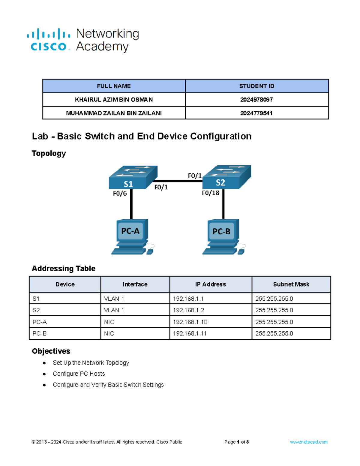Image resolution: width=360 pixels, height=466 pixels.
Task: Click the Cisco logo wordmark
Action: pos(49,47)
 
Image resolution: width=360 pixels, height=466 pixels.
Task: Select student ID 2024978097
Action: pos(256,100)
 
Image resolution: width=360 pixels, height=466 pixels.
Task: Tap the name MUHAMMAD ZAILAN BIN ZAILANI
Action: pos(114,113)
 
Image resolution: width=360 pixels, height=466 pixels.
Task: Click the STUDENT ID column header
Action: pos(256,86)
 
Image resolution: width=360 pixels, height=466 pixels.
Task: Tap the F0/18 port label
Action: pos(210,193)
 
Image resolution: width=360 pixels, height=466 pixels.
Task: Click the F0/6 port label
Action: pos(120,194)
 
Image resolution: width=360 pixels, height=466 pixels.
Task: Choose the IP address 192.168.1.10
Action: pos(190,322)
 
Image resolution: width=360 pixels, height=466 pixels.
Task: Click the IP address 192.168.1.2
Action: pos(188,310)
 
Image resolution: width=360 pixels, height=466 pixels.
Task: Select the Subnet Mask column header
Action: pos(291,284)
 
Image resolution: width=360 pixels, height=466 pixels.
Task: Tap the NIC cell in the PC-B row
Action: pos(109,333)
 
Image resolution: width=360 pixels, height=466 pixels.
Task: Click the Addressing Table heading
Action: pos(64,268)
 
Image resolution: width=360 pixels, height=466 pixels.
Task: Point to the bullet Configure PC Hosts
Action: pos(79,374)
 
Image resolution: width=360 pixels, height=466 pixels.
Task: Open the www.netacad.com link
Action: pos(308,442)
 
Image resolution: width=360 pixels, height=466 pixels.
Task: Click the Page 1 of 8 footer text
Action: pos(236,442)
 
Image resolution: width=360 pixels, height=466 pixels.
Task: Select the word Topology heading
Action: pos(49,153)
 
